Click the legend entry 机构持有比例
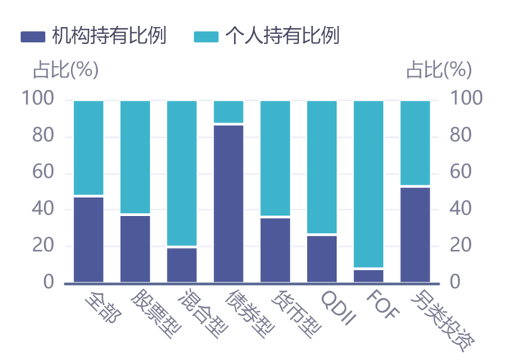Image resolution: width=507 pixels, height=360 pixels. pos(94,35)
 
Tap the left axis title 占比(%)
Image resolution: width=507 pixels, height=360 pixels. pos(65,70)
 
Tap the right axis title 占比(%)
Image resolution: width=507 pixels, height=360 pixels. pos(438,70)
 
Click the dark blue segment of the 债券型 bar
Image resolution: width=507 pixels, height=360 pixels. pos(229,204)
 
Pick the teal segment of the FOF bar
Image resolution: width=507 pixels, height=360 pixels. pos(369,185)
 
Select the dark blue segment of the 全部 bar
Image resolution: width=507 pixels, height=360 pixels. pos(88,239)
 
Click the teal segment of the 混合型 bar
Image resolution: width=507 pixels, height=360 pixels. pos(182,174)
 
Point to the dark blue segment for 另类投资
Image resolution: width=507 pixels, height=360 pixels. pos(415,235)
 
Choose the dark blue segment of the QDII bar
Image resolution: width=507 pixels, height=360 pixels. pos(322,259)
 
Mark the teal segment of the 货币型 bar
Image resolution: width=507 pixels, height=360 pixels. pos(275,159)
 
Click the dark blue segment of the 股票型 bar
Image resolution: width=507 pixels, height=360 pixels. pos(135,248)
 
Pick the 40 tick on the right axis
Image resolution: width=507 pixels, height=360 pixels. pos(463,209)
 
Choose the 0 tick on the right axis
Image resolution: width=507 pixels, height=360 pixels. pos(456,282)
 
